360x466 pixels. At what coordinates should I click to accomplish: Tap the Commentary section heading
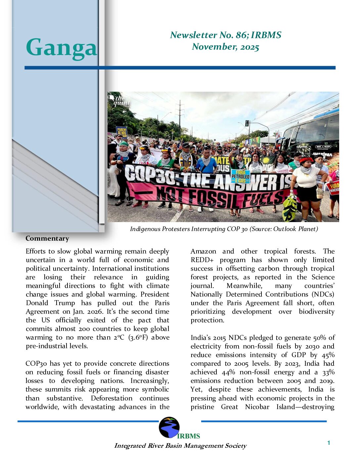[x=47, y=238]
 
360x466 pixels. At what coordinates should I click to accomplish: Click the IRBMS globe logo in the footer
[x=169, y=427]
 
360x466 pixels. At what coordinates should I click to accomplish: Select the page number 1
[x=329, y=443]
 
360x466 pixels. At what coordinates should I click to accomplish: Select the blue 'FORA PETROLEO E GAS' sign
[x=241, y=176]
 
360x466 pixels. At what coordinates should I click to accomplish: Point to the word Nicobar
[x=257, y=407]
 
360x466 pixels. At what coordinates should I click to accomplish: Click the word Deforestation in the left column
[x=112, y=398]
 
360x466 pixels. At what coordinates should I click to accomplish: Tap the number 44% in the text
[x=228, y=372]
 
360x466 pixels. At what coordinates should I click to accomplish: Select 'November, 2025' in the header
[x=225, y=47]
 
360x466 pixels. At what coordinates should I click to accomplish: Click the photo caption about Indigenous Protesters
[x=224, y=229]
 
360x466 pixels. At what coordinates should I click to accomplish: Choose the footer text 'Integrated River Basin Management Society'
[x=180, y=445]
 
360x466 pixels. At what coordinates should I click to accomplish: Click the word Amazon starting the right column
[x=203, y=251]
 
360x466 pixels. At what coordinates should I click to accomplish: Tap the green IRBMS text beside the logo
[x=189, y=436]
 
